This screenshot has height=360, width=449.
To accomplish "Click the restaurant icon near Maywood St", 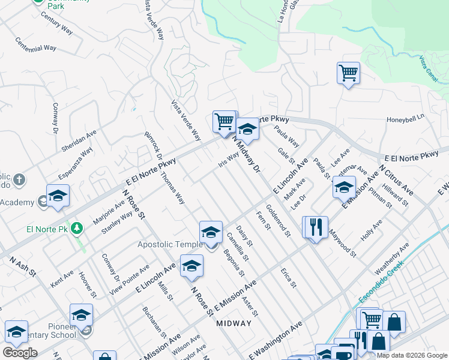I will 315,227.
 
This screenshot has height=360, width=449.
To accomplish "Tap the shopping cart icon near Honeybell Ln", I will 348,73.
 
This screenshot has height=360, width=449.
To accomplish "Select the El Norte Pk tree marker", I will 77,228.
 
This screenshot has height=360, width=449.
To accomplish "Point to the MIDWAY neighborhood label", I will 234,323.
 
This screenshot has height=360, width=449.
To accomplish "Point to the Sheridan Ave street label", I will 79,141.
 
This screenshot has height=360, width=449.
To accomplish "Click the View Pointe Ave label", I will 129,280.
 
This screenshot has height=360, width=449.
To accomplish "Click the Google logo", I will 20,353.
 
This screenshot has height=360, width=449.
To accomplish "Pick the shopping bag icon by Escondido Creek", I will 394,322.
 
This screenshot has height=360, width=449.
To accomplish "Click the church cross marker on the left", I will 19,179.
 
